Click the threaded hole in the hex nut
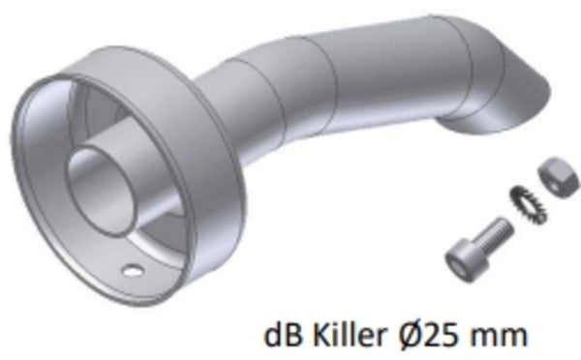coord(555,170)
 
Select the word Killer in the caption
coord(348,335)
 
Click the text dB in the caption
coord(281,335)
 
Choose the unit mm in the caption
coord(503,337)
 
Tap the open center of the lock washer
coord(526,201)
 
